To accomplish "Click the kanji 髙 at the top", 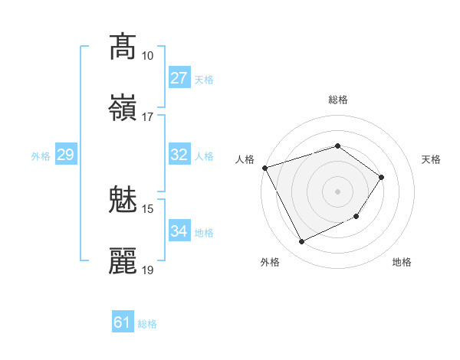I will pyautogui.click(x=123, y=46).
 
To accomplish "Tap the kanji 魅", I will pyautogui.click(x=123, y=199).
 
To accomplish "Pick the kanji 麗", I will pyautogui.click(x=123, y=261).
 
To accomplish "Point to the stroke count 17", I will pyautogui.click(x=148, y=117).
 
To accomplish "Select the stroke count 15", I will pyautogui.click(x=148, y=208).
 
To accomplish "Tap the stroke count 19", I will pyautogui.click(x=148, y=270).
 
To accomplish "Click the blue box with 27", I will pyautogui.click(x=179, y=78).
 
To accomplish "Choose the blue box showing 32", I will pyautogui.click(x=179, y=155).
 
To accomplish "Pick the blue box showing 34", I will pyautogui.click(x=179, y=231).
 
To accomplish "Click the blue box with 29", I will pyautogui.click(x=65, y=155).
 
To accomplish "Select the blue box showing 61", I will pyautogui.click(x=122, y=322).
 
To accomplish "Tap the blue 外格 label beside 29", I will pyautogui.click(x=41, y=156).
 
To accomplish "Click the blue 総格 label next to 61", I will pyautogui.click(x=147, y=324).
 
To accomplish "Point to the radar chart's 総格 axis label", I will pyautogui.click(x=337, y=100).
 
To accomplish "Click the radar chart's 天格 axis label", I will pyautogui.click(x=432, y=159).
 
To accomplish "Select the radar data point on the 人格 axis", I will pyautogui.click(x=264, y=168).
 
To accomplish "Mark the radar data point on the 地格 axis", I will pyautogui.click(x=356, y=218).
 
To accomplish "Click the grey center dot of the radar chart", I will pyautogui.click(x=337, y=191).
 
